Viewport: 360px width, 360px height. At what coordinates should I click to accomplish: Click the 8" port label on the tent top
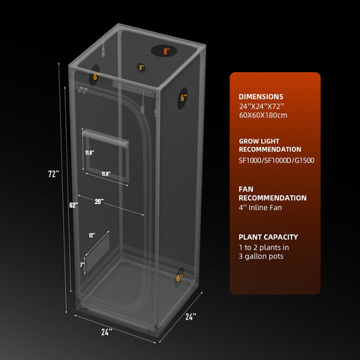coord(166,51)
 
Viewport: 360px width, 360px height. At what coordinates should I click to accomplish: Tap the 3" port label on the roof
coord(142,67)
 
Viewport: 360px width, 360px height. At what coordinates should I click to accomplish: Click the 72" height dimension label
coord(54,173)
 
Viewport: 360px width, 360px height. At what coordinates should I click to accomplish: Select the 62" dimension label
coord(73,205)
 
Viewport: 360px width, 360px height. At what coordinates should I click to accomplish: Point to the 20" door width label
coord(99,202)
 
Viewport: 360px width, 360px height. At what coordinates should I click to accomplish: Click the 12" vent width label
coord(91,235)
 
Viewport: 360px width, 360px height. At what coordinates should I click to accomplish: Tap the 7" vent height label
coord(82,265)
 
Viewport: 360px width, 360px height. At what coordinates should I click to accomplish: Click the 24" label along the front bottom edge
coord(106,332)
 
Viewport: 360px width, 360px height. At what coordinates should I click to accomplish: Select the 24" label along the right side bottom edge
coord(190,316)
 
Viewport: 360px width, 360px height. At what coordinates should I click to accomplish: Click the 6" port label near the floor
coord(179,277)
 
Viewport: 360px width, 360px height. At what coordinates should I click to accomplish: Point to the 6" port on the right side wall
coord(183,98)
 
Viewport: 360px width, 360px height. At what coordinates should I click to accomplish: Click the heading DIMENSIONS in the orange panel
coord(261,97)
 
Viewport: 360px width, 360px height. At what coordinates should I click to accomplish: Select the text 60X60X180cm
coord(263,115)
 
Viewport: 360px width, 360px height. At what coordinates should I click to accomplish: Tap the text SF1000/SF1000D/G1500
coord(277,160)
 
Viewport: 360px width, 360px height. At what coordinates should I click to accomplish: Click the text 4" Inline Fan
coord(260,208)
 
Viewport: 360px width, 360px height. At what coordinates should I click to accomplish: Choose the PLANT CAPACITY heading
coord(268,237)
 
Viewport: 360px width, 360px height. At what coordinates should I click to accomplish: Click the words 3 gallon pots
coord(261,256)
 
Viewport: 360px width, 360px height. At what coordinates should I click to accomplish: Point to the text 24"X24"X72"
coord(262,106)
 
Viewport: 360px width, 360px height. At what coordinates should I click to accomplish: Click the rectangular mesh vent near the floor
coord(97,253)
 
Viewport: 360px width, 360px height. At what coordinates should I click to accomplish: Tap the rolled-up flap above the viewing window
coord(106,139)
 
